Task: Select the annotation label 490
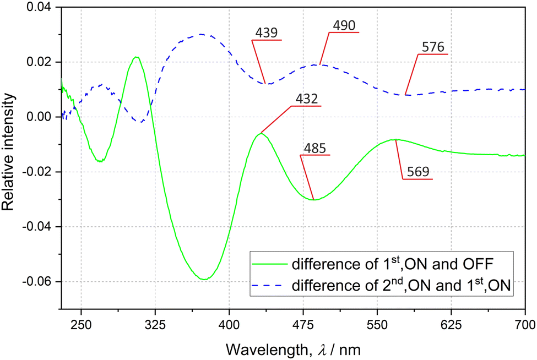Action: (344, 26)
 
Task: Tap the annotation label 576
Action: (433, 47)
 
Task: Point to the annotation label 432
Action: (306, 99)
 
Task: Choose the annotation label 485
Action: (315, 149)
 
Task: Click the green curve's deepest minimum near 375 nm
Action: (204, 280)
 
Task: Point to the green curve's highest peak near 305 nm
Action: (136, 57)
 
